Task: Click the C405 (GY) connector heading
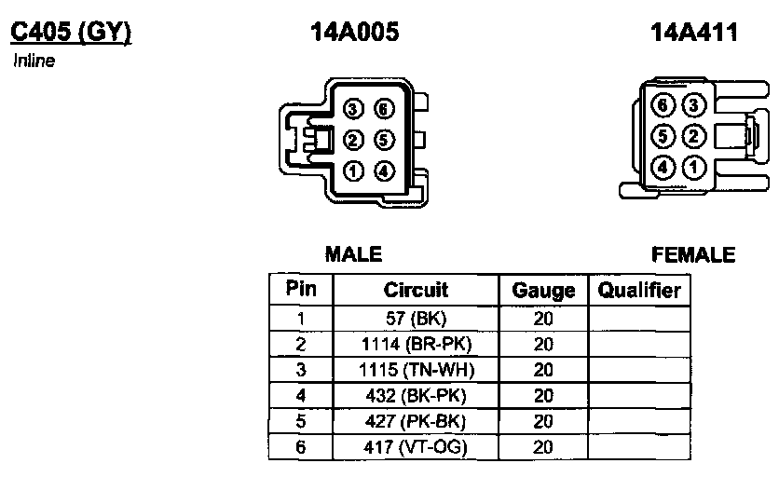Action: tap(70, 33)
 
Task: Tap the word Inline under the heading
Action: tap(34, 61)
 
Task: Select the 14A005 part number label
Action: tap(354, 33)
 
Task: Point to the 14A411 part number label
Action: tap(694, 33)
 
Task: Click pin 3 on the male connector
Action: tap(353, 110)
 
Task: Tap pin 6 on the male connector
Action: tap(384, 110)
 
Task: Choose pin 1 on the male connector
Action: tap(353, 171)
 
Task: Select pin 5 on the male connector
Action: tap(384, 141)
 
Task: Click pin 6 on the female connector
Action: tap(663, 105)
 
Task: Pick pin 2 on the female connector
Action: tap(692, 136)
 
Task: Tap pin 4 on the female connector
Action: tap(663, 168)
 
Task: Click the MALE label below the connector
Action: tap(353, 254)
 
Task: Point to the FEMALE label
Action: tap(693, 254)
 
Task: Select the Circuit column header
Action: tap(416, 290)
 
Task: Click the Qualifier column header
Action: tap(639, 290)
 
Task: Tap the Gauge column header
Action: tap(543, 291)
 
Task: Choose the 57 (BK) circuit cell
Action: tap(416, 318)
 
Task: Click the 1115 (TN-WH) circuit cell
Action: tap(416, 369)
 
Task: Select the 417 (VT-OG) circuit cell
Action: tap(416, 447)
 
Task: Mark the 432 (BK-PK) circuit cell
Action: tap(416, 395)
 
